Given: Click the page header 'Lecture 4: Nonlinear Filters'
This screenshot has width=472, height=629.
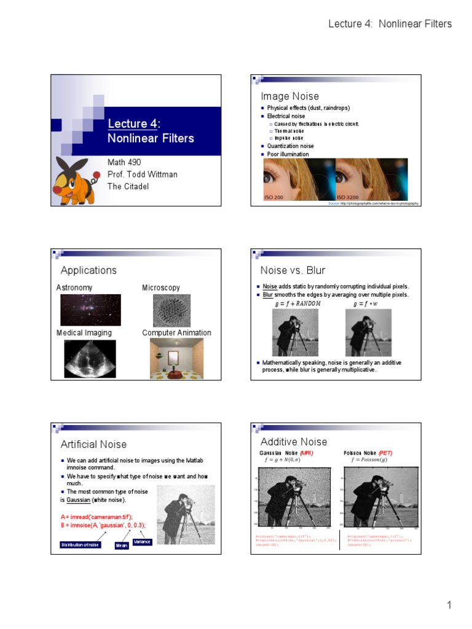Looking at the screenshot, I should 390,24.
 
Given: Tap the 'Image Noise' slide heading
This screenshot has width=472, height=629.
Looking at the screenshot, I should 289,96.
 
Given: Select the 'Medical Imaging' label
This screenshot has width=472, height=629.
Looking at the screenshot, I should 84,333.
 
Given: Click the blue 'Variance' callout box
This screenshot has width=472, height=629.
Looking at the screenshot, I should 142,542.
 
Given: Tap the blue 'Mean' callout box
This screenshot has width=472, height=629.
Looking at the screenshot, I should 122,545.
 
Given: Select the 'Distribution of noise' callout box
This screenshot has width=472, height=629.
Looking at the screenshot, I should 80,545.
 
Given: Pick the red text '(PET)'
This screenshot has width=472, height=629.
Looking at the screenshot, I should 385,453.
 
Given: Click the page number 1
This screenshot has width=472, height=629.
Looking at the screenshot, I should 449,606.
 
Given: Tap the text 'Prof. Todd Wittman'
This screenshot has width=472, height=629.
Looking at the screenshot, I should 143,174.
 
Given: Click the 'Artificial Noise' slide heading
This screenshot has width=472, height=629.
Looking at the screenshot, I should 93,444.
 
